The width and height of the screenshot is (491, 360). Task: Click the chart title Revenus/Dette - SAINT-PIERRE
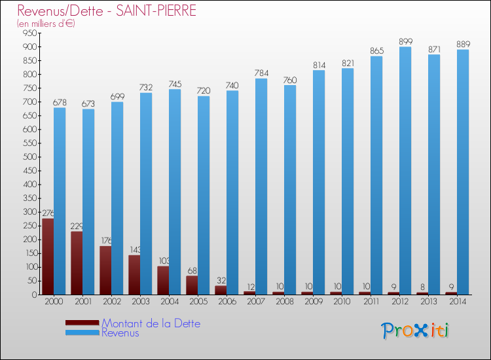(x=107, y=11)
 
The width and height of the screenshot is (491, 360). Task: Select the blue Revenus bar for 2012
(x=405, y=170)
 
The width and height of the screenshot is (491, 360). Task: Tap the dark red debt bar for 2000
(x=48, y=256)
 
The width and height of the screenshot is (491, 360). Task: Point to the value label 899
(x=405, y=42)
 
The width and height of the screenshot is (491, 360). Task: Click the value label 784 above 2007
(x=261, y=73)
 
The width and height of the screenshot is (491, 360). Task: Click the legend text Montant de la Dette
(x=151, y=323)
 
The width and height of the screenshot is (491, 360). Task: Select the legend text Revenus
(x=120, y=333)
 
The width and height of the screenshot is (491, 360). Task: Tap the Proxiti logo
(x=415, y=331)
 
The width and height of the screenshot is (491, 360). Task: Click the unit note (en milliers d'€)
(x=46, y=24)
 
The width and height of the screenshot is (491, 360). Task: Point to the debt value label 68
(x=192, y=271)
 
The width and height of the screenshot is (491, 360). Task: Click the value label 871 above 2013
(x=434, y=50)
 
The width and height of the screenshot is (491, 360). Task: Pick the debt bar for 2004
(x=163, y=280)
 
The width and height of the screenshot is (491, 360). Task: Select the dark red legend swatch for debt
(x=82, y=323)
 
